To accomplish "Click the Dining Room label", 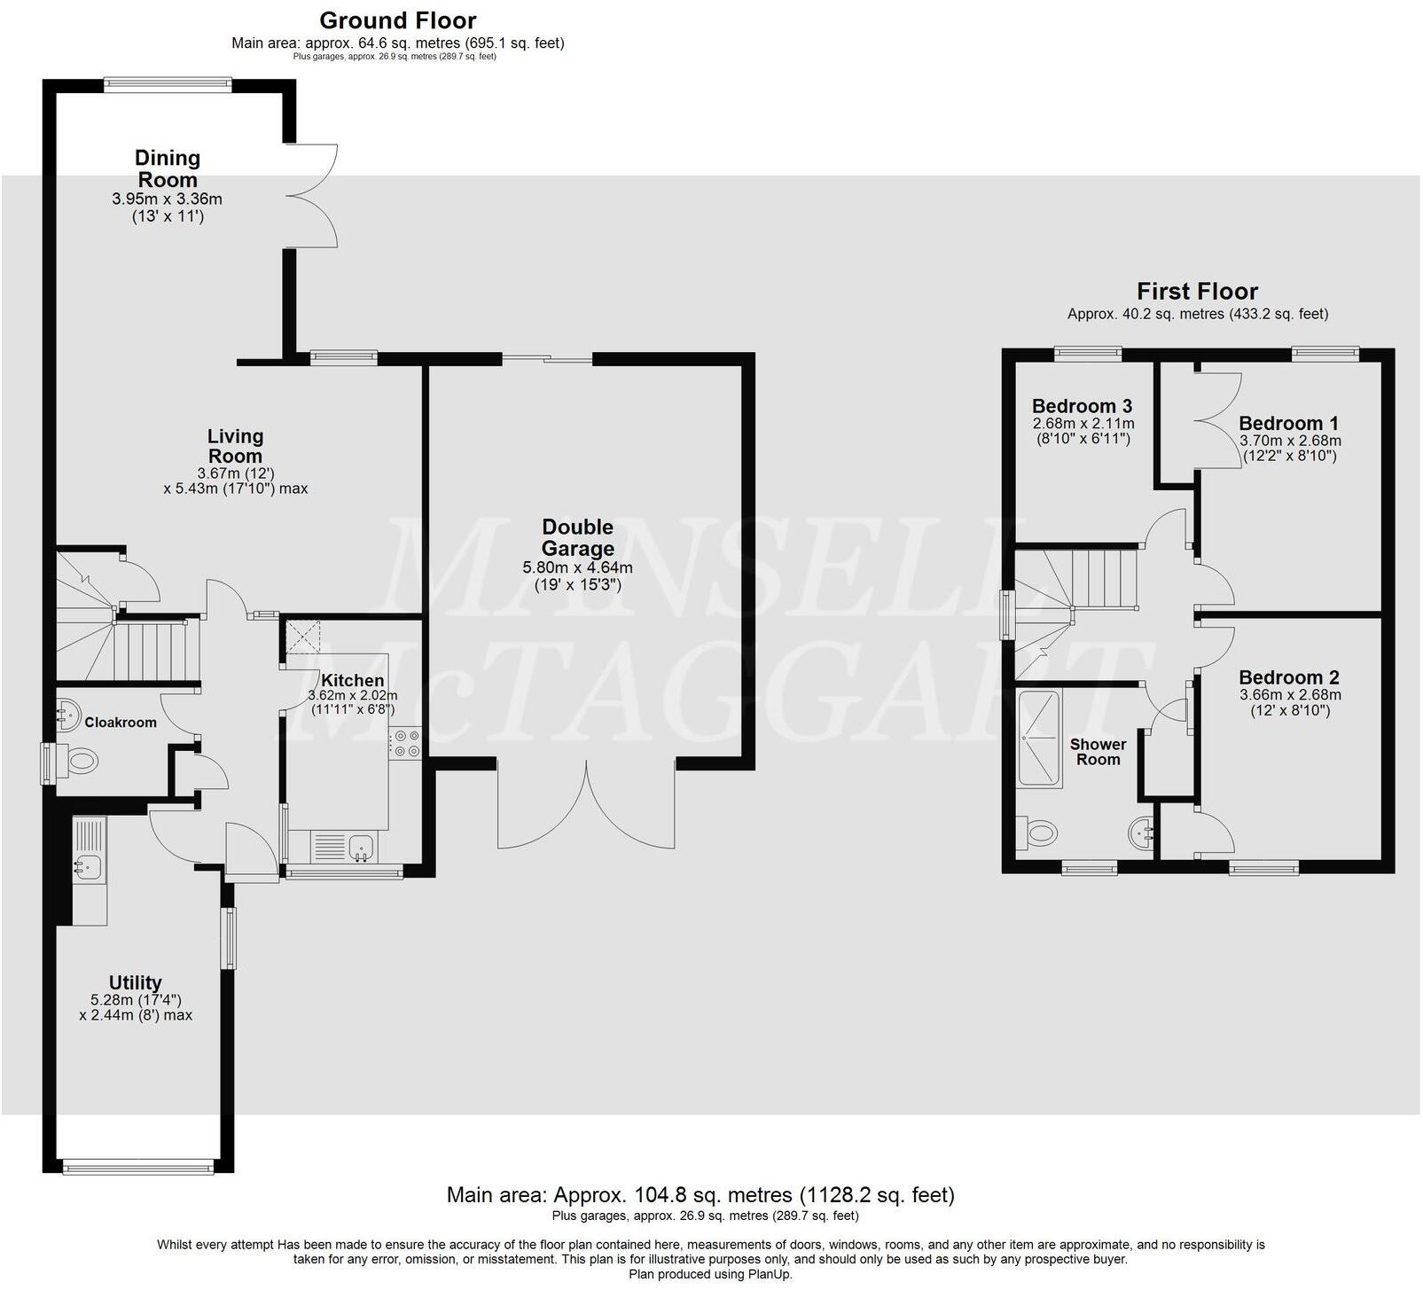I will tap(168, 168).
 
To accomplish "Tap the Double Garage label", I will tap(577, 537).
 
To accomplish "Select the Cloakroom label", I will tap(121, 723).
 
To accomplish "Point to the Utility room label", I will tap(135, 982).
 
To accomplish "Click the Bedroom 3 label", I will tap(1082, 406).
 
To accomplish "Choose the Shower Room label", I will tap(1098, 752).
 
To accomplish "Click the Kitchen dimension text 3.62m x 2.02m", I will tap(352, 696).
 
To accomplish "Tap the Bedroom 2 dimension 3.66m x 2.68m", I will tap(1289, 695).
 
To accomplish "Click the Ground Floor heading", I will tap(398, 20).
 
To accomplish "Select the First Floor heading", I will tap(1197, 292).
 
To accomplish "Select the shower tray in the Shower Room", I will tap(1040, 739).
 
